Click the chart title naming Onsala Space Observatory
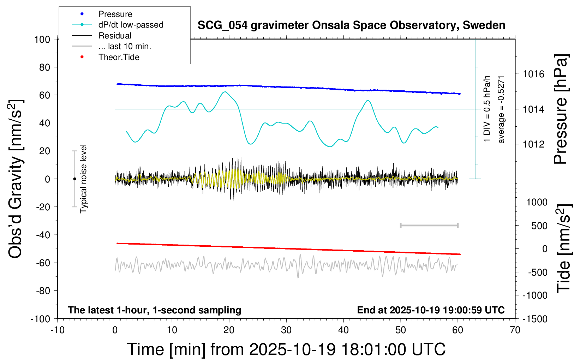pyautogui.click(x=351, y=25)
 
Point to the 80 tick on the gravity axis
pyautogui.click(x=44, y=67)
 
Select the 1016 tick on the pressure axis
pyautogui.click(x=533, y=74)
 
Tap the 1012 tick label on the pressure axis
pyautogui.click(x=533, y=144)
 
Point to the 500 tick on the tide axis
pyautogui.click(x=539, y=226)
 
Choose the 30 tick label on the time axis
pyautogui.click(x=286, y=330)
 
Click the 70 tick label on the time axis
pyautogui.click(x=515, y=330)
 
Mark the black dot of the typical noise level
pyautogui.click(x=74, y=179)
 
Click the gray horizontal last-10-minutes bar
pyautogui.click(x=429, y=225)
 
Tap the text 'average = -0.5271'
pyautogui.click(x=501, y=109)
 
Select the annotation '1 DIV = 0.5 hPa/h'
pyautogui.click(x=487, y=109)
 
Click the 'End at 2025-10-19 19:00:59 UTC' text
pyautogui.click(x=431, y=310)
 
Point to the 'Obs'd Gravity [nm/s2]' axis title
pyautogui.click(x=16, y=179)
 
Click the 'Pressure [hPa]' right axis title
pyautogui.click(x=561, y=109)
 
